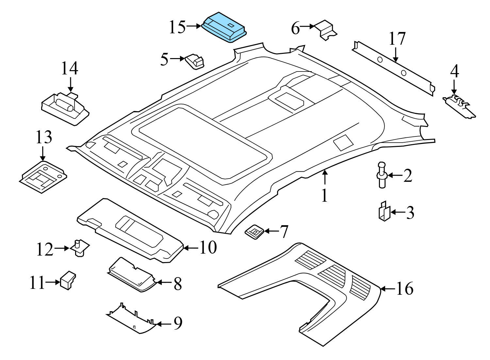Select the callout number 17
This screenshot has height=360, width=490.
pyautogui.click(x=397, y=39)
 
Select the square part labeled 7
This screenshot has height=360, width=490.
pyautogui.click(x=254, y=231)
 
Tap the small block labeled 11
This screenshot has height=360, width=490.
pyautogui.click(x=68, y=280)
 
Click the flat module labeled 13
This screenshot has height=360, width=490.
pyautogui.click(x=43, y=177)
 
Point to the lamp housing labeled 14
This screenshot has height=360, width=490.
pyautogui.click(x=65, y=109)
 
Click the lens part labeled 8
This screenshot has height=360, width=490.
pyautogui.click(x=132, y=275)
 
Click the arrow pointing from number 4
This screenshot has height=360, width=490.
pyautogui.click(x=454, y=87)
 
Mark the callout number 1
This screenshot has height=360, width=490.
pyautogui.click(x=325, y=196)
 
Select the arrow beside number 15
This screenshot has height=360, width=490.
pyautogui.click(x=194, y=26)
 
